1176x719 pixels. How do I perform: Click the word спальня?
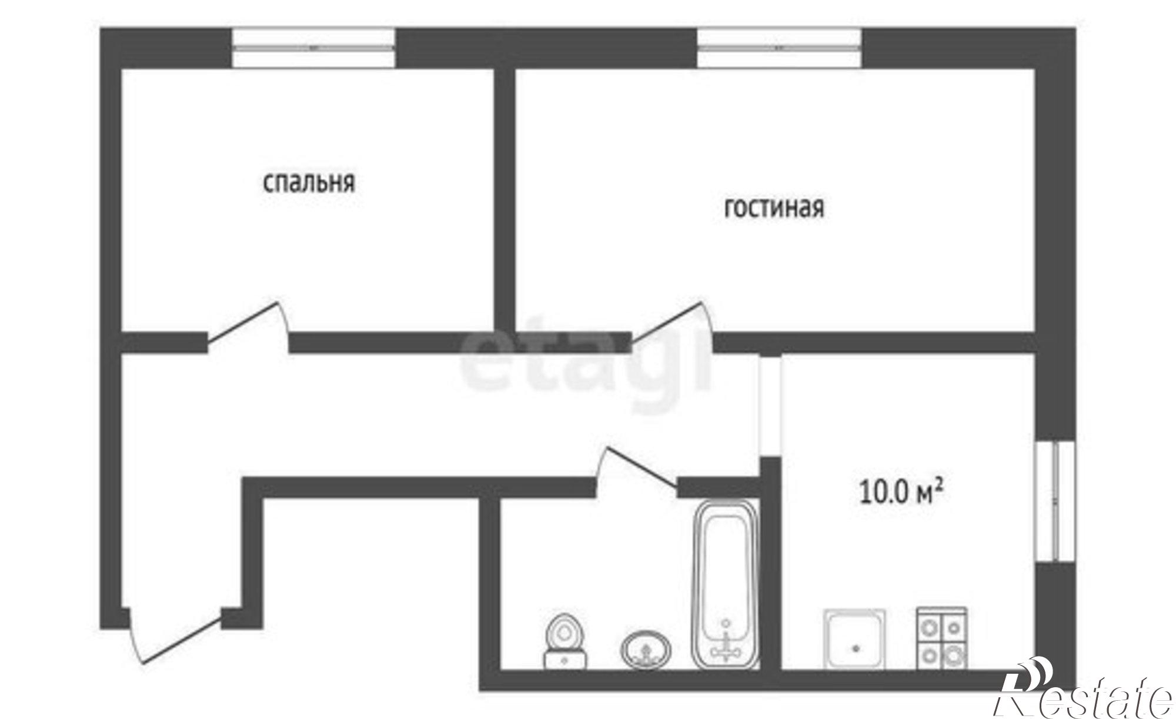click(309, 183)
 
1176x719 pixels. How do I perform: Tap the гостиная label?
click(774, 208)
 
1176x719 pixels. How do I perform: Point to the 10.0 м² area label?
click(901, 491)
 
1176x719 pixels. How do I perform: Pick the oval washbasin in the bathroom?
click(646, 650)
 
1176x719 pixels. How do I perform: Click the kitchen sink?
click(854, 638)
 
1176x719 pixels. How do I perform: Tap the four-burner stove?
click(941, 638)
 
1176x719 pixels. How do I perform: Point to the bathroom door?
click(637, 468)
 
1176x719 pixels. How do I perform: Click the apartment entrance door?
click(176, 638)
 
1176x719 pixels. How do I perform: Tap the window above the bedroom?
click(313, 48)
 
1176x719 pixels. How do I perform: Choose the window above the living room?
click(780, 48)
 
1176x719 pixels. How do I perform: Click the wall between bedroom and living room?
click(505, 200)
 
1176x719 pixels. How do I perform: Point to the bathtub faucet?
click(727, 644)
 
